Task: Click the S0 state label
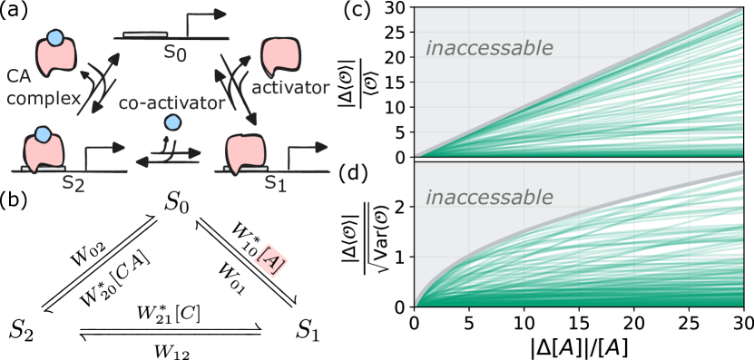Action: (176, 53)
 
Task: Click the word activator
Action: (290, 88)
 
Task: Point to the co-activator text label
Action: (171, 103)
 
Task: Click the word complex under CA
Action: (44, 97)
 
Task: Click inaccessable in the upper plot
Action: (489, 48)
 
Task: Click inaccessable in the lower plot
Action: (489, 197)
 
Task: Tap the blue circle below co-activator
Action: (171, 123)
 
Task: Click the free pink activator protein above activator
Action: (279, 57)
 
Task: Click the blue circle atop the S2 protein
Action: (41, 136)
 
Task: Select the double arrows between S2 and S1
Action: (168, 158)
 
